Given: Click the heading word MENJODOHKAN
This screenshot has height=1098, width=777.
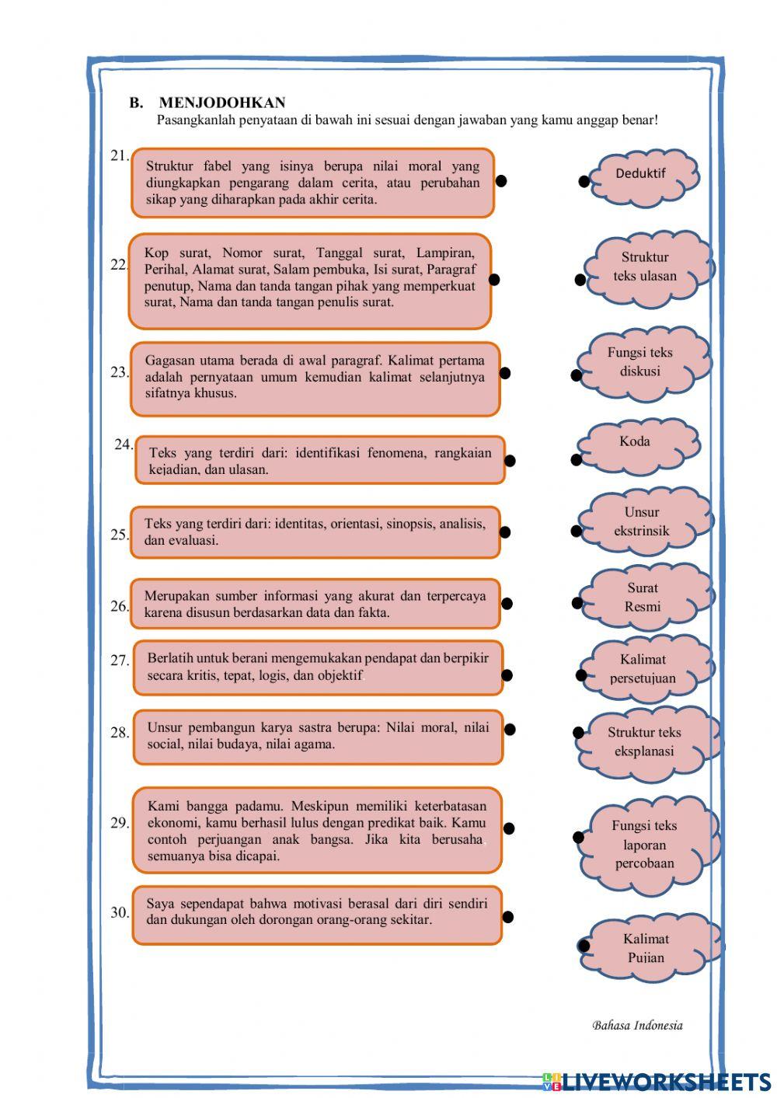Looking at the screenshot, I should click(x=222, y=103).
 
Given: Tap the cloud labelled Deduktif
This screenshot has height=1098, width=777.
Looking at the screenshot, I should click(x=642, y=176).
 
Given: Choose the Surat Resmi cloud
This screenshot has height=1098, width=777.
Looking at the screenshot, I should click(x=643, y=598).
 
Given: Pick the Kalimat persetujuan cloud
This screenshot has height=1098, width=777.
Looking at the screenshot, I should click(x=643, y=669).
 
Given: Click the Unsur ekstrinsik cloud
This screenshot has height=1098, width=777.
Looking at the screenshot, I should click(x=643, y=522).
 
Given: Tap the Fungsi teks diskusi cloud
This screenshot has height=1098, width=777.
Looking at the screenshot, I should click(x=641, y=363).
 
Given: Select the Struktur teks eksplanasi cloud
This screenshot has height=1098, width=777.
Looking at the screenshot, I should click(x=645, y=742).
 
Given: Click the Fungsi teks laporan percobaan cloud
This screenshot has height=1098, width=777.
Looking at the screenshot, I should click(x=645, y=845).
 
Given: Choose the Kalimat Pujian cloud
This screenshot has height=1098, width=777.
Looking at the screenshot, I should click(x=646, y=948).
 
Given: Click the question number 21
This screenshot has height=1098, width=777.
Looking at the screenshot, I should click(x=119, y=156).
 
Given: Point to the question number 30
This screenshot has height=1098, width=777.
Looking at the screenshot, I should click(x=120, y=913).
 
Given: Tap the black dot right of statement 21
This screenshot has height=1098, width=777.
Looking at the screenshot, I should click(x=501, y=181).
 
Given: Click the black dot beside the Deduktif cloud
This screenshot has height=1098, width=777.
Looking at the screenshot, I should click(x=584, y=182).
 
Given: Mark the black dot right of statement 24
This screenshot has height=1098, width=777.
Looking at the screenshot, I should click(x=510, y=461).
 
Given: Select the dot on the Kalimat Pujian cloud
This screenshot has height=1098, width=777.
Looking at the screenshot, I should click(x=584, y=946).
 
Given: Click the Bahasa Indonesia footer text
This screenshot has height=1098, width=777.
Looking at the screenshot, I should click(x=637, y=1026).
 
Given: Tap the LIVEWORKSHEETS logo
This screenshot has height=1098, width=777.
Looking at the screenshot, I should click(x=657, y=1082).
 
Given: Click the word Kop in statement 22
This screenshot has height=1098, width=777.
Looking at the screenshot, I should click(x=156, y=253).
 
